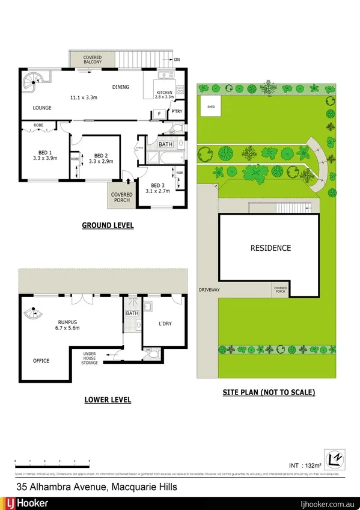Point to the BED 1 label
pos(42,153)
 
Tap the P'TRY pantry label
pos(177,112)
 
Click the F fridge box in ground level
pos(159,113)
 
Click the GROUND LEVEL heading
pos(108,226)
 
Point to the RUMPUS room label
pos(61,322)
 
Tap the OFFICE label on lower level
pos(41,361)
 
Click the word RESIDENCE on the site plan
pos(270,248)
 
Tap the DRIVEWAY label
pos(209,290)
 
